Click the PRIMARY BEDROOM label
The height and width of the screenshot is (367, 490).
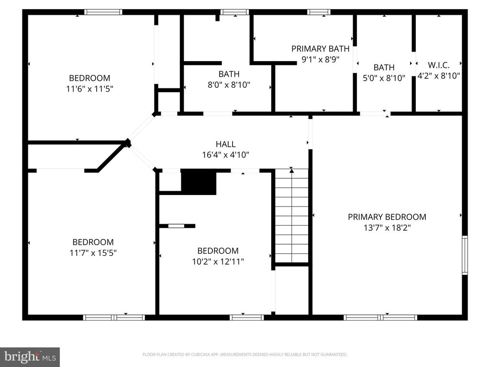tap(387, 217)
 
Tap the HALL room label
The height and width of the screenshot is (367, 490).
tap(225, 144)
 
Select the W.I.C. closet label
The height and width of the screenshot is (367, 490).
tap(438, 65)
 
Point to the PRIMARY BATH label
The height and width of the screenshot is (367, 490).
tap(320, 49)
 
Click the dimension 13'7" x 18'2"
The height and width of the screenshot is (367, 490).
tap(387, 227)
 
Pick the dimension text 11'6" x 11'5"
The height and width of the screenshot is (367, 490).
tap(89, 88)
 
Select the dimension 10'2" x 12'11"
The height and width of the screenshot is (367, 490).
tap(218, 261)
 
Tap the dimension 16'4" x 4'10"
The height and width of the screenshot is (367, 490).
tap(225, 155)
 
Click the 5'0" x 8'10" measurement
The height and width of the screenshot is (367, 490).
tap(384, 78)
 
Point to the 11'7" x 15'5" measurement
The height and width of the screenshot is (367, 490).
tap(93, 253)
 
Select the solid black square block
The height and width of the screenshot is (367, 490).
tap(199, 182)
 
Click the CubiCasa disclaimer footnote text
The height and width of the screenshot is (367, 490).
tap(245, 355)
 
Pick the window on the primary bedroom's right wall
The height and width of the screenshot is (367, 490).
tap(465, 255)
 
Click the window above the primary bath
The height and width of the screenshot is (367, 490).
tap(318, 12)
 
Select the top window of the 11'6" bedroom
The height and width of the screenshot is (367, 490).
tap(103, 12)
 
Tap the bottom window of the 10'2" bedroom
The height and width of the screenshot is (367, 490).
tap(246, 317)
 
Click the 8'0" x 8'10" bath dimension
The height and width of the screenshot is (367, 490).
tap(229, 85)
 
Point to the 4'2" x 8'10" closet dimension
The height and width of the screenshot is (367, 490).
tap(439, 76)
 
